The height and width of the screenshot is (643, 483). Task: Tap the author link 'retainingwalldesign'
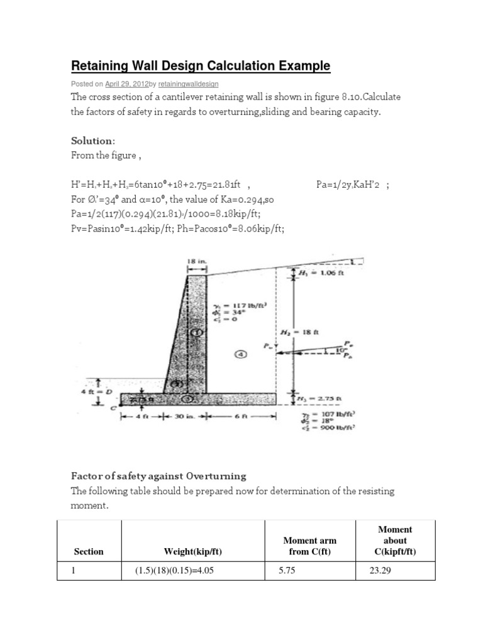click(188, 84)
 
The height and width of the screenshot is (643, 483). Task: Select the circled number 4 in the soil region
click(241, 354)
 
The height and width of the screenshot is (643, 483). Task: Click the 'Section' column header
click(89, 551)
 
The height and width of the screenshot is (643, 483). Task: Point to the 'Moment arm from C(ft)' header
click(309, 546)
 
